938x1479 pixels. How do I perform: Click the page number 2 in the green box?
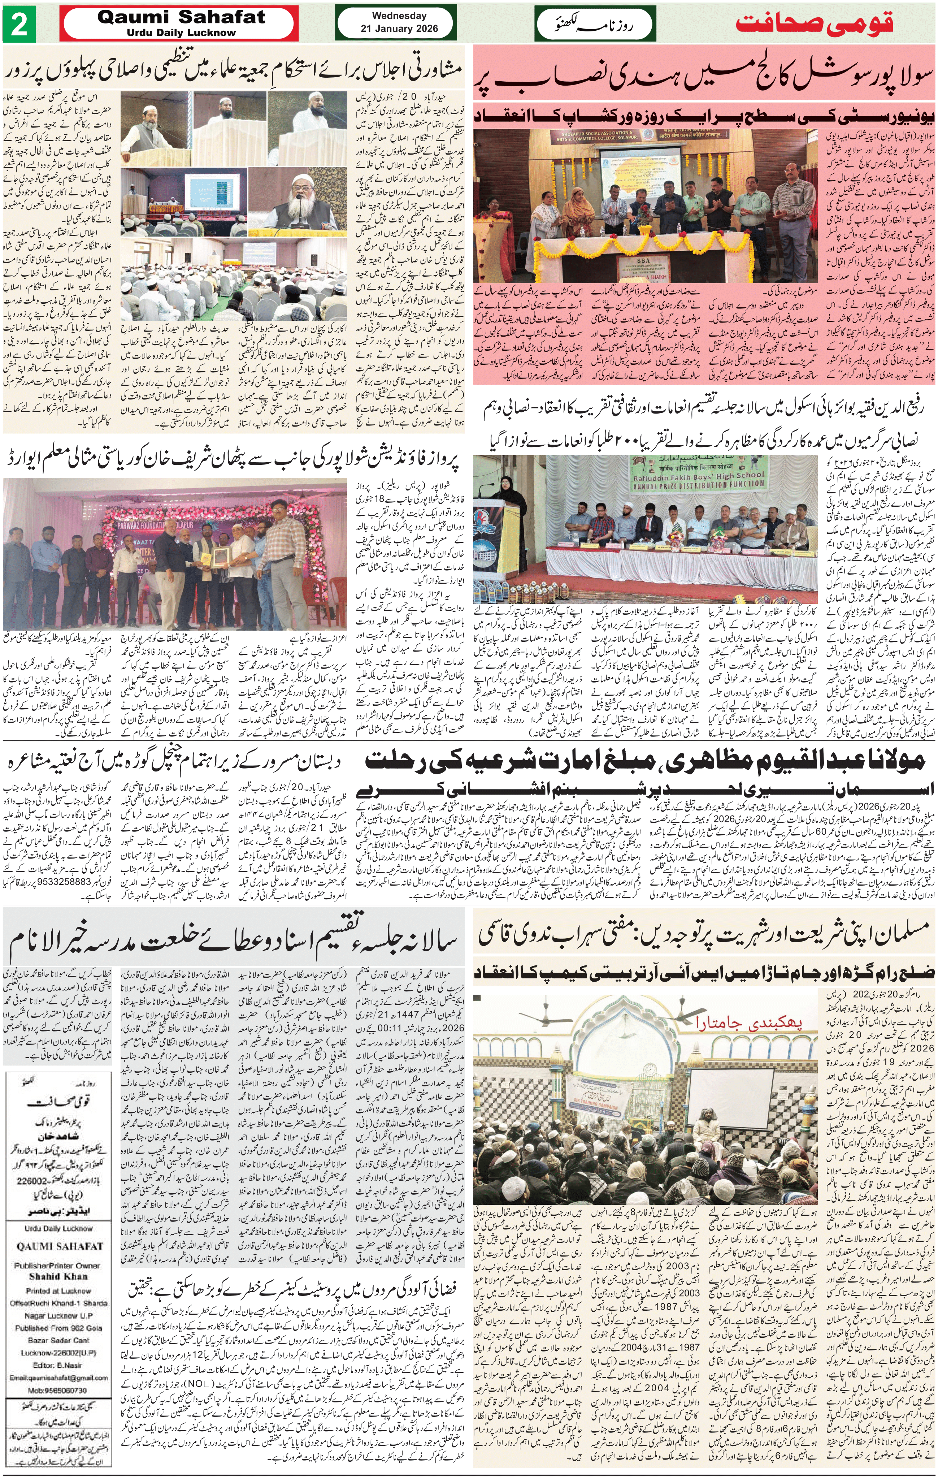(19, 25)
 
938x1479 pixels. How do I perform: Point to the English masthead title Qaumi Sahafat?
(182, 18)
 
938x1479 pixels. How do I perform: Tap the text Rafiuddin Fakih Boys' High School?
(699, 474)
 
